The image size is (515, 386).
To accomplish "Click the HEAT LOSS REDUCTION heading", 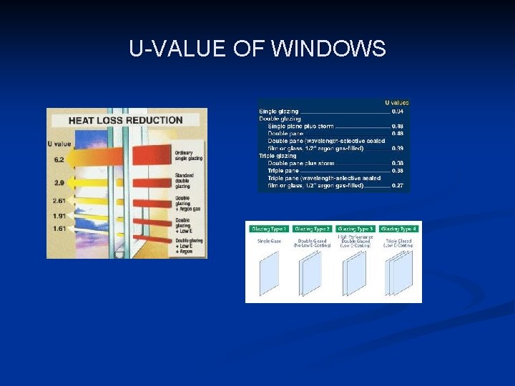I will click(125, 120).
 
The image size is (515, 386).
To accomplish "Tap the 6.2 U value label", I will click(59, 159).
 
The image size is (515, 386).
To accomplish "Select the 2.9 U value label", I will click(59, 184).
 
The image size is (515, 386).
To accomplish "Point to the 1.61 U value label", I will click(59, 229).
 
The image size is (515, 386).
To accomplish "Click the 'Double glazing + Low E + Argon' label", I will click(189, 246).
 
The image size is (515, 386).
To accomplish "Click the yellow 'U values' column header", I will click(397, 103).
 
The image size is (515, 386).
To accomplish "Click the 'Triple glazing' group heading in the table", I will click(278, 156).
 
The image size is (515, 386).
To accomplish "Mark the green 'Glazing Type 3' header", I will click(355, 229).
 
